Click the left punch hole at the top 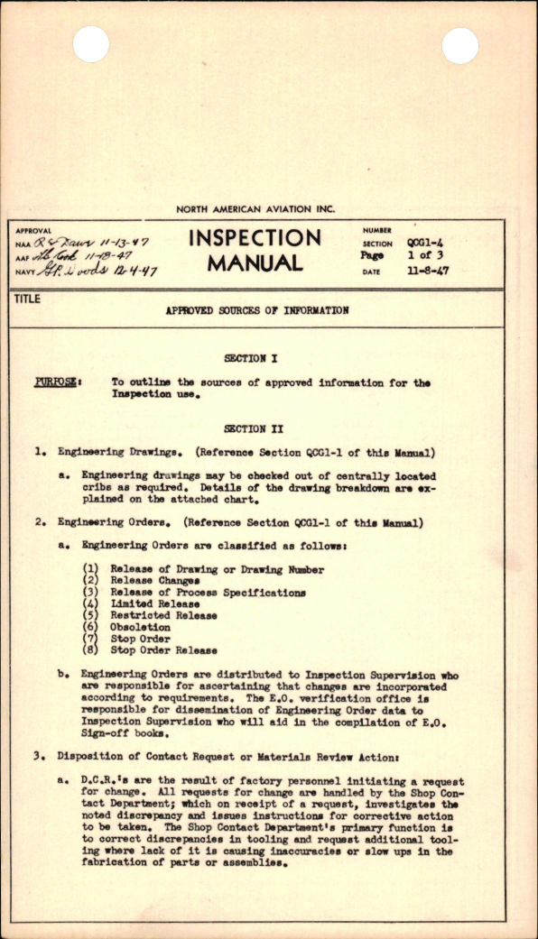90,44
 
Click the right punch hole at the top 460,45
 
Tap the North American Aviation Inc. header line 268,209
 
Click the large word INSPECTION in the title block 255,238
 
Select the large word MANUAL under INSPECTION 255,263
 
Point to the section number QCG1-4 424,244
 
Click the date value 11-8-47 427,271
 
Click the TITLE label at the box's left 28,299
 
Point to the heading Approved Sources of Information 256,310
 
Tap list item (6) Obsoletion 139,627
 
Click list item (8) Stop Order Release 163,649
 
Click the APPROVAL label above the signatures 34,231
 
